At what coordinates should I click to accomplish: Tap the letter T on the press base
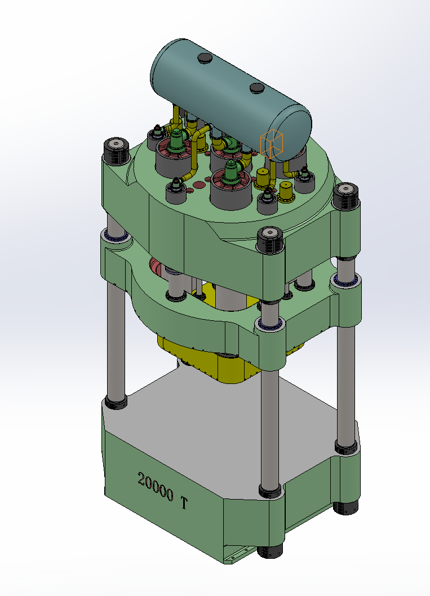[184, 503]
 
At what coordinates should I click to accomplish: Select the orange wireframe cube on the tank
[272, 144]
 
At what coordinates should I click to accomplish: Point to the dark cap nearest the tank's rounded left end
[205, 58]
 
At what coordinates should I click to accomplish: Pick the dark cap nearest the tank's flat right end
[257, 88]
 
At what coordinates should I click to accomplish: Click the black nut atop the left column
[116, 151]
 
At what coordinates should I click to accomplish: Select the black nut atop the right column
[345, 196]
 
